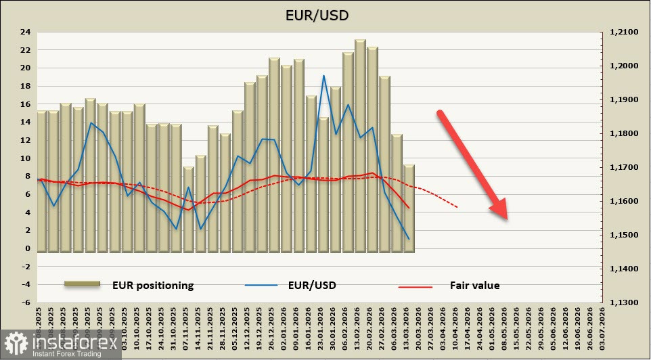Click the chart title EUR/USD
tap(325, 14)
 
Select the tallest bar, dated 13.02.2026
tap(360, 145)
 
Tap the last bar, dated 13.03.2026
tap(409, 208)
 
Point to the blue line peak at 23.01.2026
tap(324, 75)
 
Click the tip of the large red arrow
tap(506, 218)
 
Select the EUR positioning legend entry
tap(129, 286)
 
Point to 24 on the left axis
tap(25, 32)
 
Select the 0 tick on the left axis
tap(27, 248)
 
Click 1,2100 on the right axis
tap(624, 32)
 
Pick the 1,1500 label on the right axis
tap(624, 235)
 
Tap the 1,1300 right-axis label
tap(624, 302)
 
